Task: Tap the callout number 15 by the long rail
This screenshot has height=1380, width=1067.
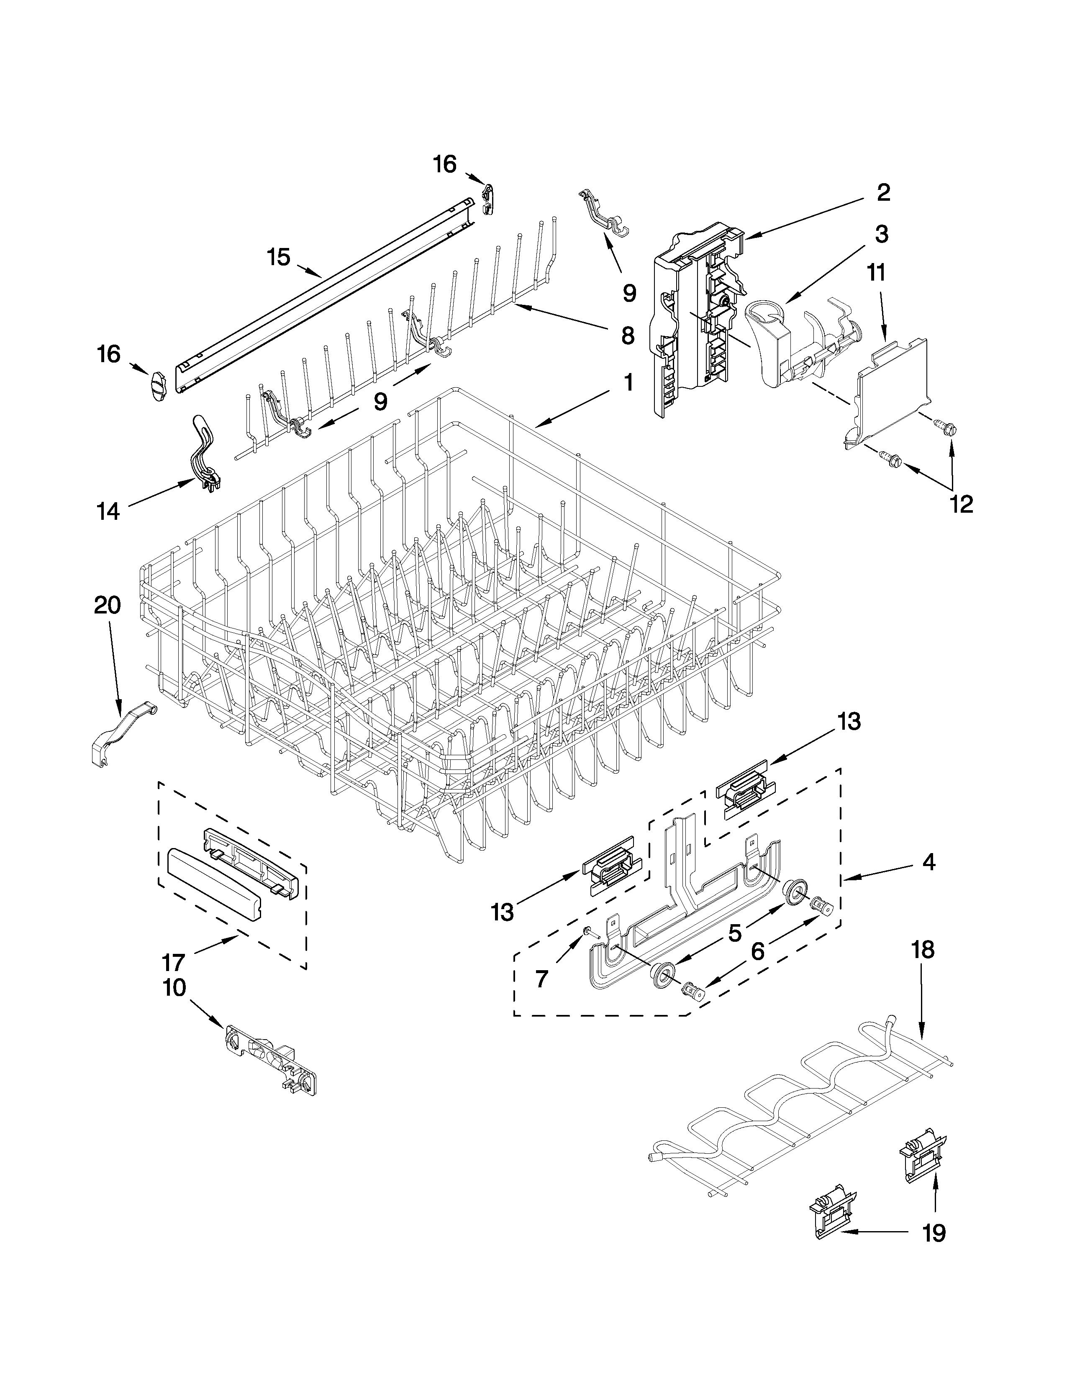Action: point(278,257)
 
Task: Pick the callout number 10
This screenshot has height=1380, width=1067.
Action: point(174,987)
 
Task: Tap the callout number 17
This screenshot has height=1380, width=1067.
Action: point(173,962)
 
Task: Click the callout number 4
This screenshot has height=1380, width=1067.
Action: point(927,862)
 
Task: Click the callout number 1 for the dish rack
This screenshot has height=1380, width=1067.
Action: point(627,382)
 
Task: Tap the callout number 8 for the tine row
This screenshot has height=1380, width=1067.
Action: point(627,335)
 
